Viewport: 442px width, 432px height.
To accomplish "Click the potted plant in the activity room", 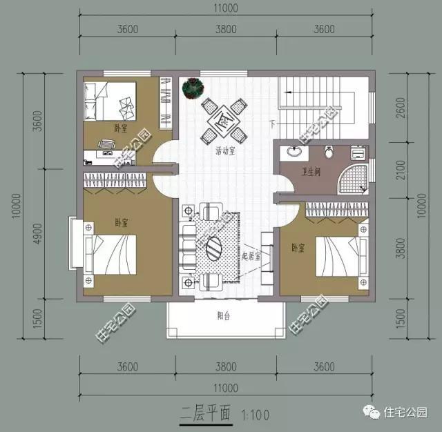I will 191,88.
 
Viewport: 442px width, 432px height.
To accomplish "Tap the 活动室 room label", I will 224,151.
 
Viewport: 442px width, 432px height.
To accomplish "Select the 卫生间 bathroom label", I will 309,173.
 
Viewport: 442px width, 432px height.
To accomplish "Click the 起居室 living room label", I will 251,255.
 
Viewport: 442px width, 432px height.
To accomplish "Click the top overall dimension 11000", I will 226,8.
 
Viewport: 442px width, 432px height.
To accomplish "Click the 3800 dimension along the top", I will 226,29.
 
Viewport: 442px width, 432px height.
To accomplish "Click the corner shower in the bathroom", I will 354,178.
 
